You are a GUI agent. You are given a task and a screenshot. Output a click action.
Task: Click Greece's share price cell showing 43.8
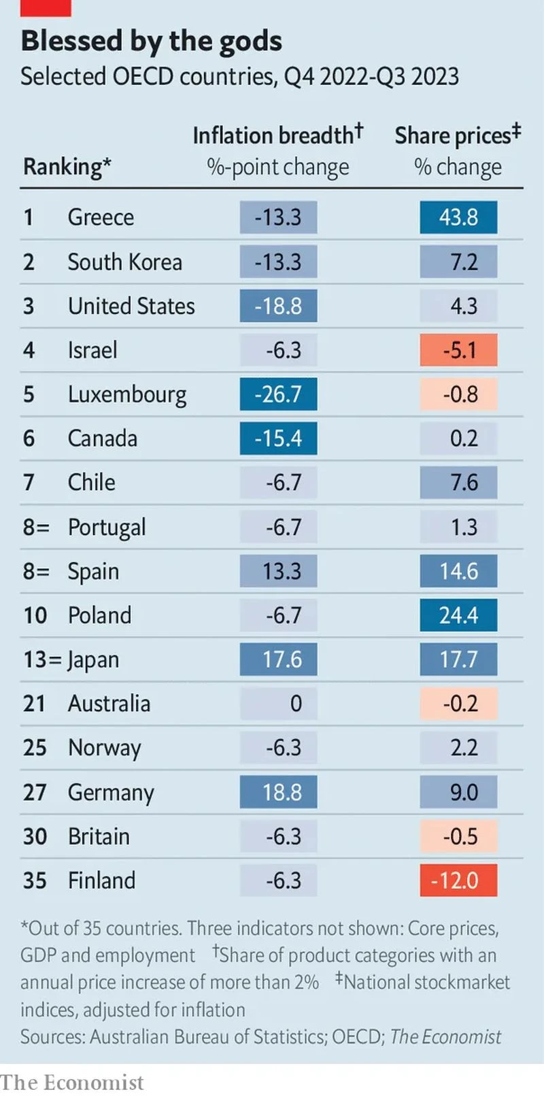click(458, 218)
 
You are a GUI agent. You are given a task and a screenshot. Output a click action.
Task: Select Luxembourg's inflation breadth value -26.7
click(278, 394)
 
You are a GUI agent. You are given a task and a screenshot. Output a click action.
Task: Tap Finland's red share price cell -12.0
click(458, 880)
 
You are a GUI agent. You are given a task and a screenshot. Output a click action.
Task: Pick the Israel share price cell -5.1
click(458, 350)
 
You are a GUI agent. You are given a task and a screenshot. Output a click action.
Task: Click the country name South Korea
click(124, 262)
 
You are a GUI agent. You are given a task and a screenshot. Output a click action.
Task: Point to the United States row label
click(131, 306)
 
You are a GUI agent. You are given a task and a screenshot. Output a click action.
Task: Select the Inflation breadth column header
click(277, 135)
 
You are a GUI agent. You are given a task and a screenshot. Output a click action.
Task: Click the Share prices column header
click(457, 135)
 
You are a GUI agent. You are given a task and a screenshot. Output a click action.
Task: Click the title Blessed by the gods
click(151, 41)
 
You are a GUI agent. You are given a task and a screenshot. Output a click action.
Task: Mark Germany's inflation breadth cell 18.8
click(278, 792)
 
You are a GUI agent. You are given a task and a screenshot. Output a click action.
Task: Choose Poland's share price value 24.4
click(458, 615)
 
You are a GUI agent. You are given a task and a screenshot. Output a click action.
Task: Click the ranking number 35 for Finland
click(35, 880)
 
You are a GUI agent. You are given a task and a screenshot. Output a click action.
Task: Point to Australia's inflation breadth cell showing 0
click(278, 704)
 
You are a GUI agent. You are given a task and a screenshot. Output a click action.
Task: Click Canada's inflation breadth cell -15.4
click(278, 439)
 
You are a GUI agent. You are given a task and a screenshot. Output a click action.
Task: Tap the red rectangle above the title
click(46, 7)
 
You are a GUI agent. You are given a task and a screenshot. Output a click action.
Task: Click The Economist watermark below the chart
click(72, 1082)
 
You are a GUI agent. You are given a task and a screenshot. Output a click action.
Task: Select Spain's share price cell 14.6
click(458, 571)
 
